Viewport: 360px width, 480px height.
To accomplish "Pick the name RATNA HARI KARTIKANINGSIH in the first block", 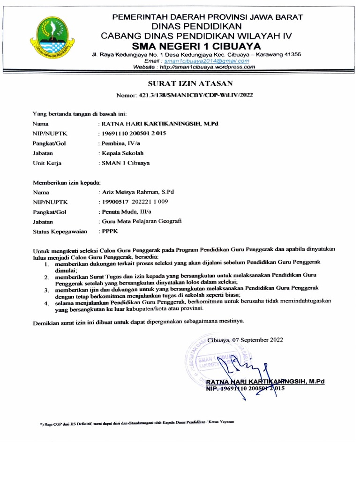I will pos(159,124).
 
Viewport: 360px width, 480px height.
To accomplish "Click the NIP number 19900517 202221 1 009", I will pos(133,202).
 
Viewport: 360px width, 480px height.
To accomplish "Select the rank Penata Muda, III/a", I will pos(123,212).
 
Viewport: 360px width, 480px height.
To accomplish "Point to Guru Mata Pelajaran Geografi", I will pos(139,222).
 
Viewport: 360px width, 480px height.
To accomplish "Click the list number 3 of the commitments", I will pos(46,292).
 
